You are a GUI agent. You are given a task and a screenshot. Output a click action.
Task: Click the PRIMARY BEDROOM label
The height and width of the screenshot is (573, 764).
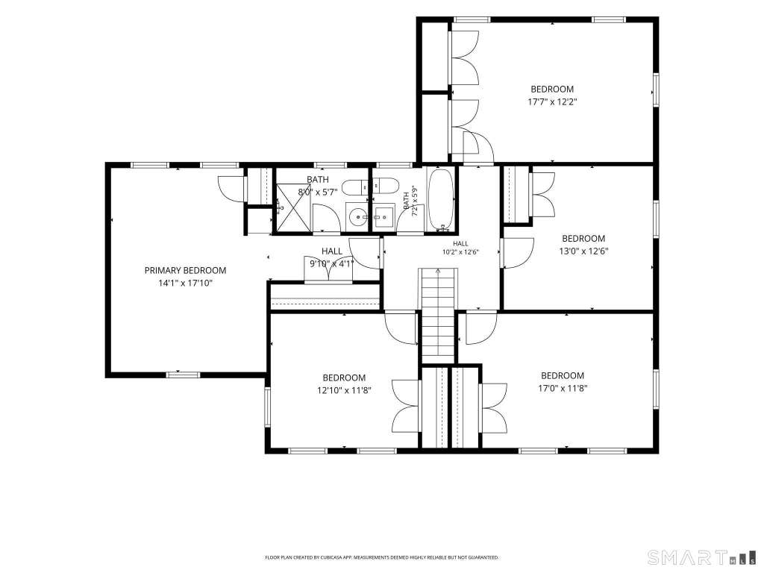(x=185, y=270)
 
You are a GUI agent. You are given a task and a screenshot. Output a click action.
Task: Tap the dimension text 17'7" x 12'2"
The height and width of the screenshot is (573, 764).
(x=552, y=101)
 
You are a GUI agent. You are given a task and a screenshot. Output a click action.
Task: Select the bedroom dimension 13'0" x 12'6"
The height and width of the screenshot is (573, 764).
(x=583, y=251)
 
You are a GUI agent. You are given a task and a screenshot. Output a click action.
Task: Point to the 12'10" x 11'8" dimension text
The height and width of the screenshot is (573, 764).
(x=344, y=390)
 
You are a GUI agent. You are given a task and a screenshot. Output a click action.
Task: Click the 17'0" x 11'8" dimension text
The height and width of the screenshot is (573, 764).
(x=563, y=388)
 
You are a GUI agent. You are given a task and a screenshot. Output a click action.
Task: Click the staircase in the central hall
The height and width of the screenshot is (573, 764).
(x=438, y=316)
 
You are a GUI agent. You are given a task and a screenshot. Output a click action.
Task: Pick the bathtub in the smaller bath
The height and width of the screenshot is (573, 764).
(x=441, y=198)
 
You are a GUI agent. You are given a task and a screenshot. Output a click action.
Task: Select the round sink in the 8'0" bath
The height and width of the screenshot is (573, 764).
(x=359, y=216)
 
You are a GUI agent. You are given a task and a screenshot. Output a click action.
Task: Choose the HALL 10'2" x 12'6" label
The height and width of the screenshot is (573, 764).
(x=460, y=248)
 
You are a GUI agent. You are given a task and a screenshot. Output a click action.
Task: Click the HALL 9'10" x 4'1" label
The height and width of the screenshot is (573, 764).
(x=331, y=257)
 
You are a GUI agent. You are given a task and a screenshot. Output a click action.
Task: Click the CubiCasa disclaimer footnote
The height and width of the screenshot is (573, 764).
(x=381, y=557)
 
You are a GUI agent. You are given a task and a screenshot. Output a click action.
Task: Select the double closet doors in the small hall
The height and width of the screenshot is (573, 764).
(x=328, y=269)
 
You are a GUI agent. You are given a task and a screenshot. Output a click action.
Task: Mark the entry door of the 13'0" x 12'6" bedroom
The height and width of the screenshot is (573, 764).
(x=518, y=253)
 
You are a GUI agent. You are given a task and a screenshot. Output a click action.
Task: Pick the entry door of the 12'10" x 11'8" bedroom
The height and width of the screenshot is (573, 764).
(x=401, y=328)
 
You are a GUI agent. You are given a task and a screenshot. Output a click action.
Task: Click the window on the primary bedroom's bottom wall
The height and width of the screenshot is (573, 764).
(x=184, y=375)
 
